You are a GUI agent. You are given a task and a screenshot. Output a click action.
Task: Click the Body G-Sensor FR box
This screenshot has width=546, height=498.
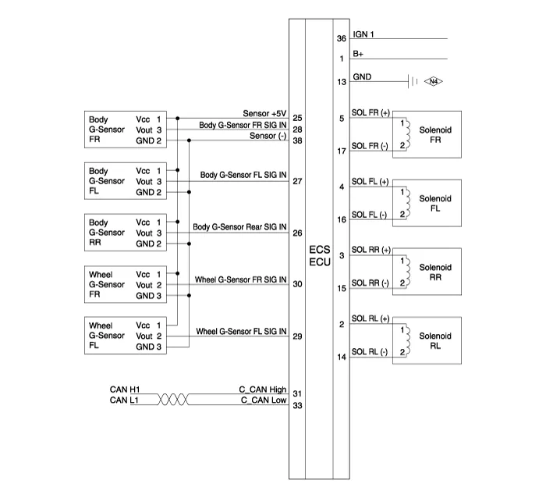tap(124, 130)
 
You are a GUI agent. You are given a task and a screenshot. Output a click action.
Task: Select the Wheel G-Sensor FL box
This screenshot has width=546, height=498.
tap(124, 336)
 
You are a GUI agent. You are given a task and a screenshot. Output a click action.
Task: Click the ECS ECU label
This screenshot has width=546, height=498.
tap(320, 256)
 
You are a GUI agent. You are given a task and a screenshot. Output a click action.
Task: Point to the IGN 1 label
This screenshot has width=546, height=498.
tap(364, 35)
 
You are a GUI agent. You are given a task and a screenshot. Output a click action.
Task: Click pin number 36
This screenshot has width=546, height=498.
tap(341, 38)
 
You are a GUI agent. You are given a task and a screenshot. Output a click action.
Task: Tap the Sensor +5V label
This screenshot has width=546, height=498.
tap(265, 113)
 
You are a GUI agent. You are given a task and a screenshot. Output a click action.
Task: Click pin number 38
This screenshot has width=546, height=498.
tap(297, 141)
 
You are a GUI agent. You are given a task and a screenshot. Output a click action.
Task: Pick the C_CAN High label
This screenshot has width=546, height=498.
tap(263, 389)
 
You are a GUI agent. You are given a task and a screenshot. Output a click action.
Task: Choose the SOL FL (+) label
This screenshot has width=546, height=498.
tap(370, 182)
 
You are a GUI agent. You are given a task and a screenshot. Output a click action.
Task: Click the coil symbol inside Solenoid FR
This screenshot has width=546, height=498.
tap(403, 133)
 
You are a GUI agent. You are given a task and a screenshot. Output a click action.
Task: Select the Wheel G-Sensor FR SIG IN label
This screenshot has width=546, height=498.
tap(240, 279)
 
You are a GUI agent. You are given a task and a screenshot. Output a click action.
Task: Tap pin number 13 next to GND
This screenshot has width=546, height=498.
tap(341, 82)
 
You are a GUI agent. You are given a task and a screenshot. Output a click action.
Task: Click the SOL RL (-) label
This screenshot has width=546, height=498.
tap(370, 353)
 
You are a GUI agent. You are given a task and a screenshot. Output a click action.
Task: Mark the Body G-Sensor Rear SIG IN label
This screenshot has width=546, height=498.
tap(239, 227)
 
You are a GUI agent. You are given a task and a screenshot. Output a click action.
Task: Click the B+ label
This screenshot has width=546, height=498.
tap(358, 55)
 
